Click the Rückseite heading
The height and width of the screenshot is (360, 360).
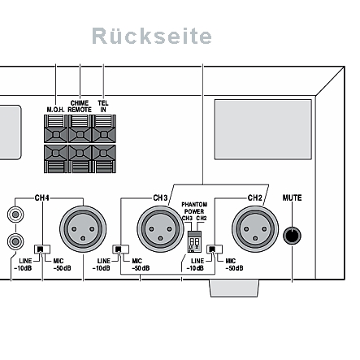tap(152, 36)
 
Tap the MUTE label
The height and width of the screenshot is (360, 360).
tap(292, 197)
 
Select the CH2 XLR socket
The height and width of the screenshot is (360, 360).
tap(255, 229)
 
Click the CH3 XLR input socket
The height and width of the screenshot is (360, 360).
tap(160, 229)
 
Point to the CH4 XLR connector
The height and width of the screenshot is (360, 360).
tap(83, 229)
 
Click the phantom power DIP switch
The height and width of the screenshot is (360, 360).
tap(194, 241)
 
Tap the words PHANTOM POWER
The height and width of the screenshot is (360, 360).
tap(194, 208)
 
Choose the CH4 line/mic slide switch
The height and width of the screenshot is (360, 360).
tap(42, 249)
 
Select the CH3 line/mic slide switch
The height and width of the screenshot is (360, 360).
tap(120, 249)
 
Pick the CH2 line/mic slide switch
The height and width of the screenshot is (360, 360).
tap(215, 249)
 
